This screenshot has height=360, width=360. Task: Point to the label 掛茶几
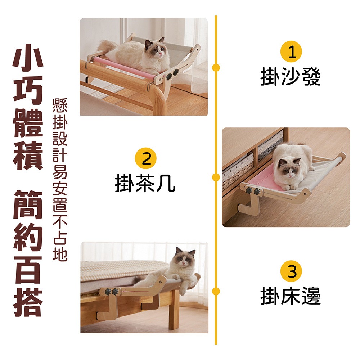click(x=145, y=183)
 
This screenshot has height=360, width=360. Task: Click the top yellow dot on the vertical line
click(x=216, y=67)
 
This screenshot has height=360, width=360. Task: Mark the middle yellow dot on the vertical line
click(x=216, y=177)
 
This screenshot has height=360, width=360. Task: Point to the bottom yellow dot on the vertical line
click(x=216, y=291)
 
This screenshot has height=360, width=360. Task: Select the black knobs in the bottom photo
click(x=112, y=291)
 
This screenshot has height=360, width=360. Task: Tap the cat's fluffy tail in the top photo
click(x=105, y=47)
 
